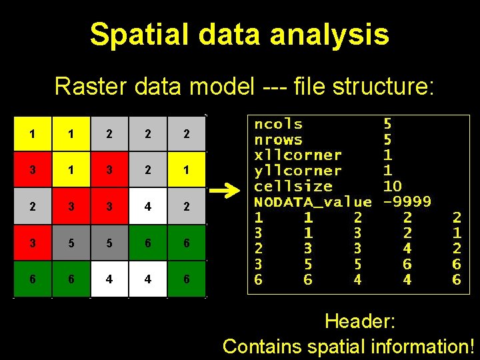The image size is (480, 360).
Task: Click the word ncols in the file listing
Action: (278, 124)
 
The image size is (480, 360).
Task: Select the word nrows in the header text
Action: (278, 139)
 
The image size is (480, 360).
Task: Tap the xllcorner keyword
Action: (297, 155)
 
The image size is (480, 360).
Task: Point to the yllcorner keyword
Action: (297, 170)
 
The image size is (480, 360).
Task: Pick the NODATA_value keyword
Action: (313, 201)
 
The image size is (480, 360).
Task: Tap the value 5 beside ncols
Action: (387, 124)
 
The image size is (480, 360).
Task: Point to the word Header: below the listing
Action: (360, 321)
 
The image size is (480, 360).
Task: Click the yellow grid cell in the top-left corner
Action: (33, 134)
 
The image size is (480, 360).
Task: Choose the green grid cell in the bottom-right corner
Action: (187, 280)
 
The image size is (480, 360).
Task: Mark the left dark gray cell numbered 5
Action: (71, 243)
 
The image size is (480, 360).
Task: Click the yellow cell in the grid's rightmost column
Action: (187, 171)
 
